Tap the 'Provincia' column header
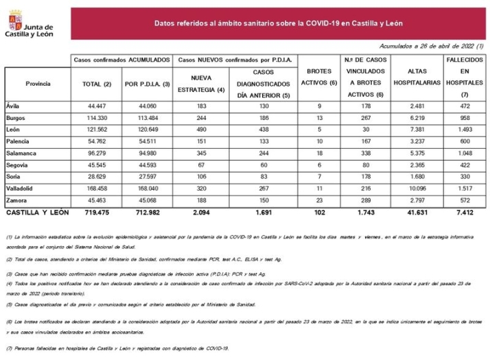(x=38, y=83)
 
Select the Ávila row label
(x=13, y=106)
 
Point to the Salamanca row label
(x=22, y=154)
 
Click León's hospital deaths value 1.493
(x=465, y=130)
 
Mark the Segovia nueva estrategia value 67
(x=202, y=166)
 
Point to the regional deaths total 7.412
(x=465, y=214)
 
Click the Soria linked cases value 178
(x=364, y=178)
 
